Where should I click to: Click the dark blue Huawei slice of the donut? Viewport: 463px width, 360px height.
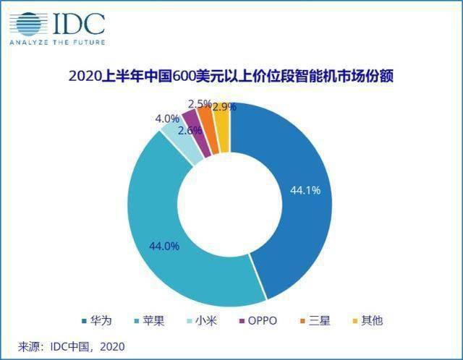(x=297, y=202)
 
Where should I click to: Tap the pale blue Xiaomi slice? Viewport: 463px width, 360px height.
(x=174, y=137)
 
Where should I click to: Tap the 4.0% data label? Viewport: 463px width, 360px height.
(x=168, y=117)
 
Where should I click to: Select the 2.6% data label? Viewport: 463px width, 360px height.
(x=192, y=131)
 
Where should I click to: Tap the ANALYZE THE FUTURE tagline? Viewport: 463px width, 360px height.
(x=57, y=43)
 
